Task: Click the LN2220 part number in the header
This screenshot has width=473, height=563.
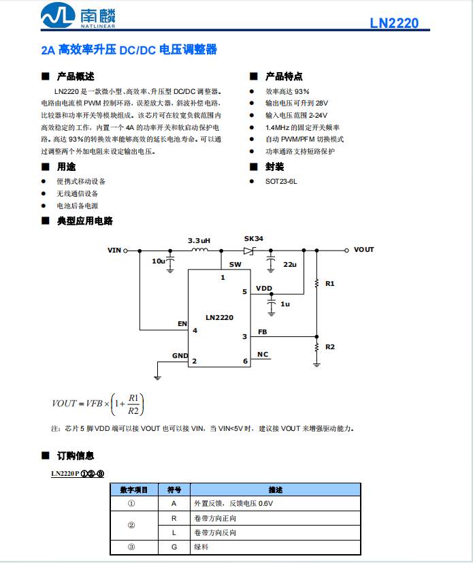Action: [394, 23]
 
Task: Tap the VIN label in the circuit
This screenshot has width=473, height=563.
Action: [114, 251]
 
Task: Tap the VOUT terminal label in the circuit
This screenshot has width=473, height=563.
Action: [364, 250]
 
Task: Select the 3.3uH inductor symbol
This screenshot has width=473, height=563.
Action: [199, 251]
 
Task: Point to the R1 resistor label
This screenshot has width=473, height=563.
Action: [330, 283]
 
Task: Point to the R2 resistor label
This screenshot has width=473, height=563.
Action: [330, 347]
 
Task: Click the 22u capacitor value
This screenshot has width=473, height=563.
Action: [290, 264]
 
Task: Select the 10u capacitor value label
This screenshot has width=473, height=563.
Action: [158, 261]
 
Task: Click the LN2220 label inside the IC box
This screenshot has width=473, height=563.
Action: [219, 318]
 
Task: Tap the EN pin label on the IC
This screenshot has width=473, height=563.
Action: [182, 323]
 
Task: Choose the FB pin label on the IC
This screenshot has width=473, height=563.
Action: [263, 332]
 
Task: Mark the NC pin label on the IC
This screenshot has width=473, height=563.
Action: [263, 355]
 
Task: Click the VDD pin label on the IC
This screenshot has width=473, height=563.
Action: [264, 289]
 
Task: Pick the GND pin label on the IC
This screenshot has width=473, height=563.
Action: [180, 356]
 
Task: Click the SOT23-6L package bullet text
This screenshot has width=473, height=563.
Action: [281, 182]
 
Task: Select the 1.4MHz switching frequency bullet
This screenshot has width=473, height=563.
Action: [302, 127]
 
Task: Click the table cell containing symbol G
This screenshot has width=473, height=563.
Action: [174, 547]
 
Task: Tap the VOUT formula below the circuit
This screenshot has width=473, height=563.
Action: [99, 403]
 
